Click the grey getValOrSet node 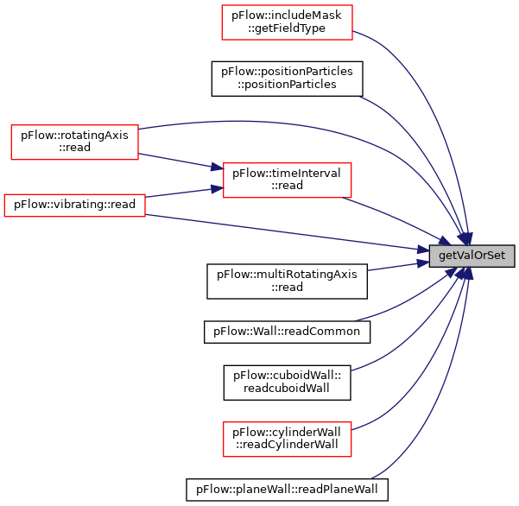472,256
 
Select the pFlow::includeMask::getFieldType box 287,22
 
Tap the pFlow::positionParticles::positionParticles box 287,79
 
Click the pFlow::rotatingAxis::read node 74,142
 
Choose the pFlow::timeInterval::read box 287,180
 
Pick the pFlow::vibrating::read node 74,206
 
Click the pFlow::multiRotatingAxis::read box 287,281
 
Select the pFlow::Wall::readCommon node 287,332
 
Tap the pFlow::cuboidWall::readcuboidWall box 287,383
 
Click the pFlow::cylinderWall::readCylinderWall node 287,440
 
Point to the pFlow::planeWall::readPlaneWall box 287,490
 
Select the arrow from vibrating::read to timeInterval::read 184,193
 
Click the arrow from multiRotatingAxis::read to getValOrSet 398,266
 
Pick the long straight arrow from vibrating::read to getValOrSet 288,232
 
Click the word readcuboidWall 287,389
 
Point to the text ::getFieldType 287,28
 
